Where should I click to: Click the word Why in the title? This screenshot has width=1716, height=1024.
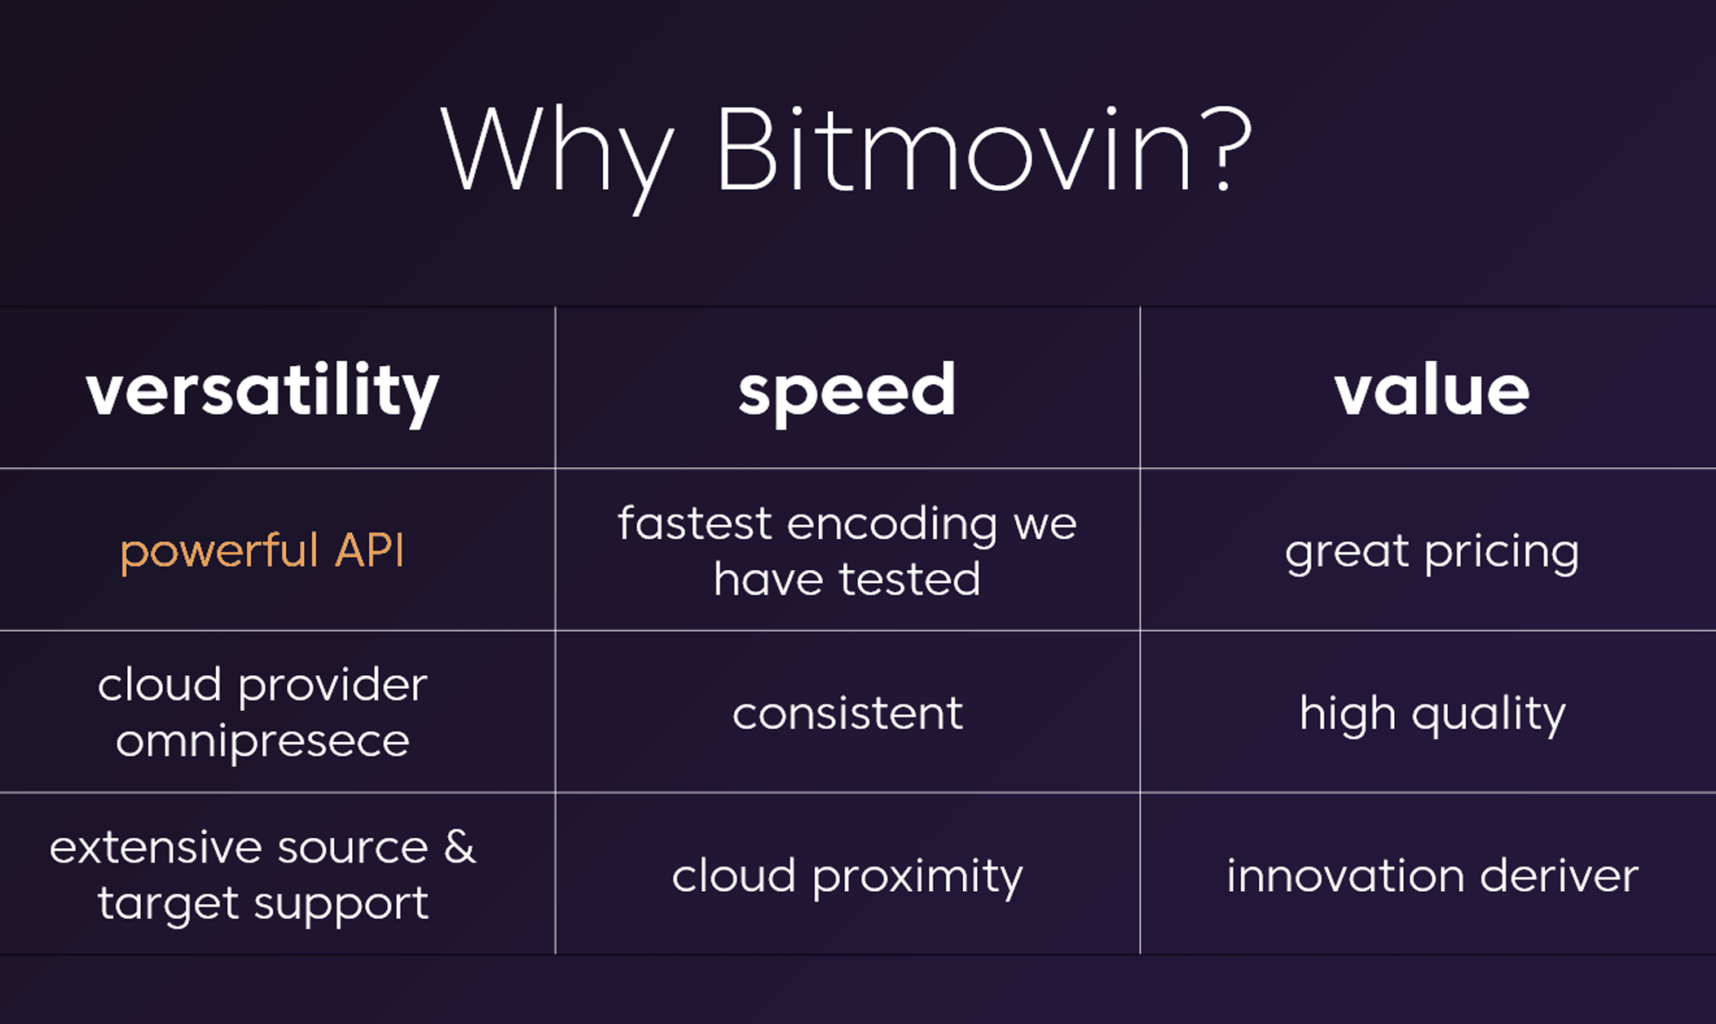tap(557, 155)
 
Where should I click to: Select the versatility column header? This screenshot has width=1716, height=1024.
tap(262, 393)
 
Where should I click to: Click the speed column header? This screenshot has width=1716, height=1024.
tap(847, 393)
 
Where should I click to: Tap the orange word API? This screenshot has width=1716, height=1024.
tap(370, 549)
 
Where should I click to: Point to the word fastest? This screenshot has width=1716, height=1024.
tap(694, 523)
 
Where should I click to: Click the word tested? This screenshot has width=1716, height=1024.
tap(910, 580)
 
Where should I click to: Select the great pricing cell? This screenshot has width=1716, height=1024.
tap(1432, 552)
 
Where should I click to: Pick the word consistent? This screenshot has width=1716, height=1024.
tap(847, 713)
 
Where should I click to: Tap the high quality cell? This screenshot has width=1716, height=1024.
tap(1432, 715)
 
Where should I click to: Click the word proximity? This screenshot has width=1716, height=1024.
tap(917, 878)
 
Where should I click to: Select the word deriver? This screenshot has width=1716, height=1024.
tap(1559, 876)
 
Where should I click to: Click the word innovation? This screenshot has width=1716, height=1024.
tap(1345, 876)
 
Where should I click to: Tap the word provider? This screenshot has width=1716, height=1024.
tap(332, 686)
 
